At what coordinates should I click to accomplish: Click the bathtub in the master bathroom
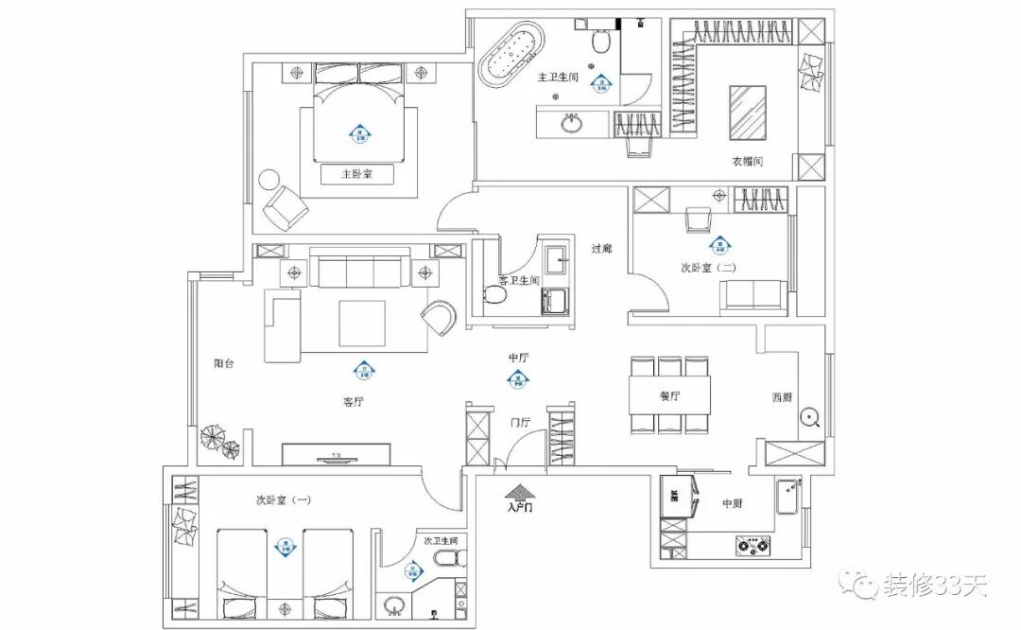point(511,60)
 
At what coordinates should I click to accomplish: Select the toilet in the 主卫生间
point(599,41)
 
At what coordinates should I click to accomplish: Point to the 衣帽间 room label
point(747,162)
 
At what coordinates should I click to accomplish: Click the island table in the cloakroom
point(747,112)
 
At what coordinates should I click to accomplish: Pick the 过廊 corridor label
point(602,249)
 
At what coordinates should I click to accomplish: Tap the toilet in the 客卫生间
point(493,294)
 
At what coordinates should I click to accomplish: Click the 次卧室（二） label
point(708,268)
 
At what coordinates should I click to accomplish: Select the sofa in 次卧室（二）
point(753,297)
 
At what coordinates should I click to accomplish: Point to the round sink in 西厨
point(809,417)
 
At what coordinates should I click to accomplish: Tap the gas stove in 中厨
point(753,545)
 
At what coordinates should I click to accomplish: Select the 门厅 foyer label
point(520,422)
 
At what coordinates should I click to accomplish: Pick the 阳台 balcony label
point(223,362)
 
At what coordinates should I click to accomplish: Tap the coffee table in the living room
point(362,324)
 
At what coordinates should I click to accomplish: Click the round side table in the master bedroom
point(269,180)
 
